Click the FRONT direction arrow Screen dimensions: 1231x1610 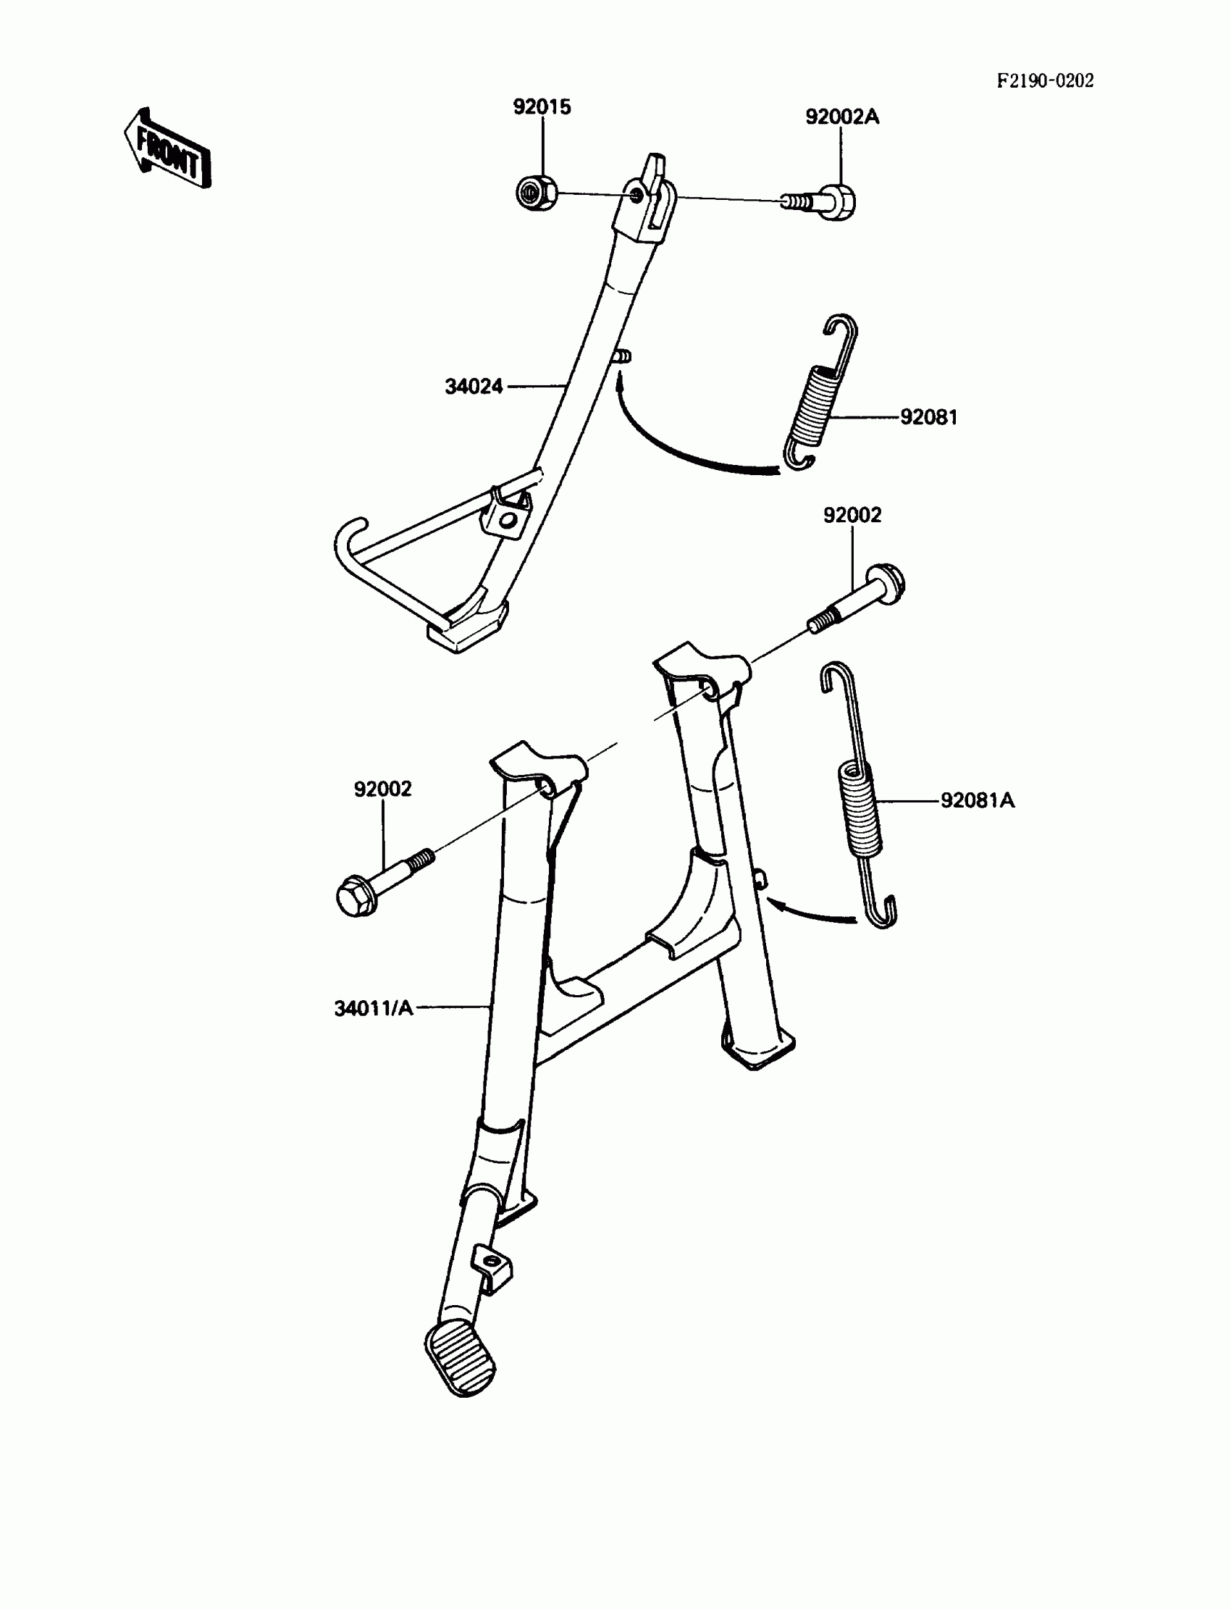pyautogui.click(x=167, y=149)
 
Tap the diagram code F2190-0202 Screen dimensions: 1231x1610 pyautogui.click(x=1045, y=81)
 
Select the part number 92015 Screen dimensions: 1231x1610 pyautogui.click(x=542, y=107)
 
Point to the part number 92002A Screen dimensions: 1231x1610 pyautogui.click(x=842, y=117)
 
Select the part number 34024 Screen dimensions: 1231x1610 pyautogui.click(x=474, y=386)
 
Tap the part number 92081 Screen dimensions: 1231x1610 pyautogui.click(x=928, y=417)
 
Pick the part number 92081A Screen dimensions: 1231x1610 pyautogui.click(x=978, y=800)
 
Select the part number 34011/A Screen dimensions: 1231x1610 pyautogui.click(x=374, y=1008)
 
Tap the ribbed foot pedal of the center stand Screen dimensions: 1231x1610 pyautogui.click(x=460, y=1360)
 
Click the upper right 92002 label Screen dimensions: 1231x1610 pyautogui.click(x=852, y=515)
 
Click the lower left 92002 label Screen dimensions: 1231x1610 pyautogui.click(x=382, y=789)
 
